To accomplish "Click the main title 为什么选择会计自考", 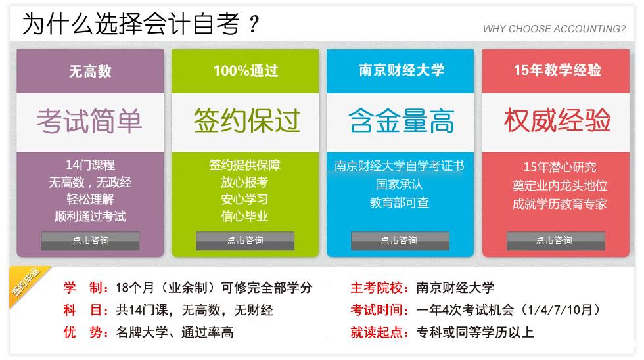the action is (131, 24).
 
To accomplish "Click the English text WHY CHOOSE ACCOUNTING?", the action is (554, 29).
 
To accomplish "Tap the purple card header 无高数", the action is (90, 71).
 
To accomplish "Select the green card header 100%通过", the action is (246, 70).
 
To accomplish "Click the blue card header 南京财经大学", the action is (402, 70).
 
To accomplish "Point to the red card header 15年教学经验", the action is (557, 70).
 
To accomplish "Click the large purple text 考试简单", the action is (89, 121).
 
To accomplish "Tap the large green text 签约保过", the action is (246, 121).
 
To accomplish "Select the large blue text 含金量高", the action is (402, 121).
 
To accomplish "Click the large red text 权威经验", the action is (557, 120).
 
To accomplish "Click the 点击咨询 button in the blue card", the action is (400, 240).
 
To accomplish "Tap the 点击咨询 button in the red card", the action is (556, 240).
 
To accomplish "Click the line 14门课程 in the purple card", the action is (91, 165).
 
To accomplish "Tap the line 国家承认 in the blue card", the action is (400, 184).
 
